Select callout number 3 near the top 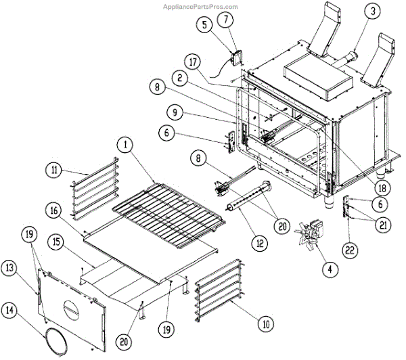(x=372, y=11)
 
